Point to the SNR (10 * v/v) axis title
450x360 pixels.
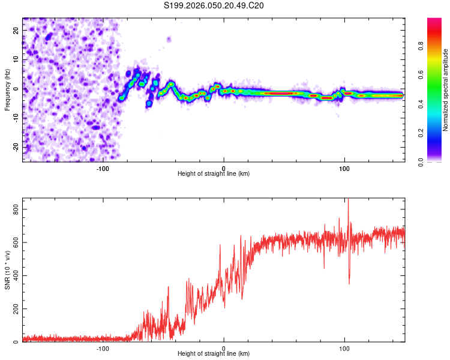[x=7, y=270]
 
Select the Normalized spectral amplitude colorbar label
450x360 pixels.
[x=446, y=90]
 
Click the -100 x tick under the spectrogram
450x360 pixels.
[x=103, y=168]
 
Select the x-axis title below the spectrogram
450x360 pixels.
[x=214, y=174]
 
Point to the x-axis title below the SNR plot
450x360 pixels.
[x=214, y=354]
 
